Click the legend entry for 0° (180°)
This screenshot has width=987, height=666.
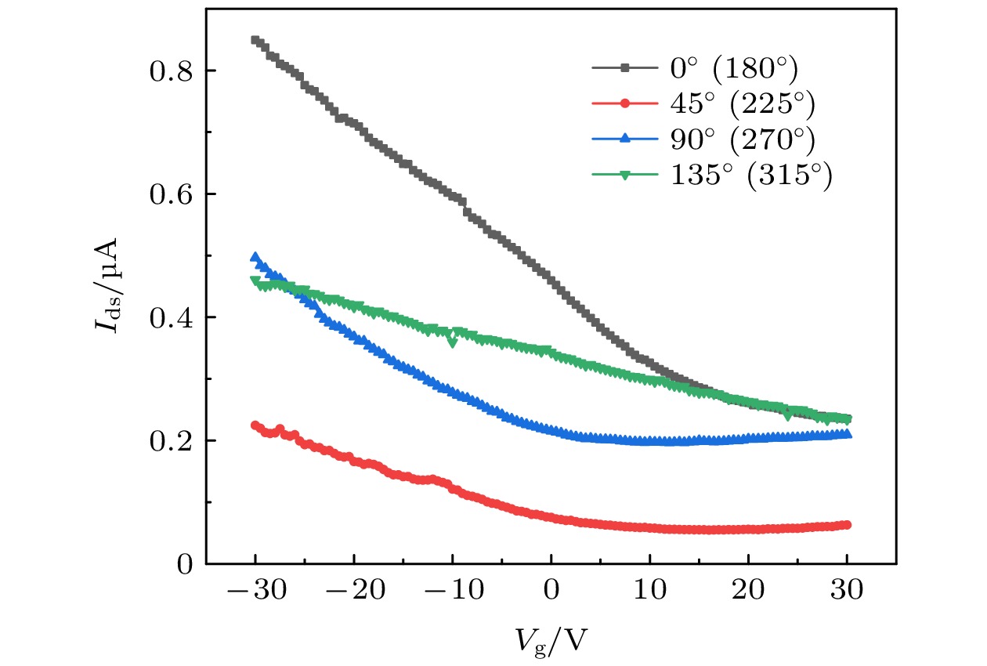coord(733,70)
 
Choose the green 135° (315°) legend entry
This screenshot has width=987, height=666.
coord(750,175)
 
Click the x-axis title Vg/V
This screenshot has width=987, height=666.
coord(551,639)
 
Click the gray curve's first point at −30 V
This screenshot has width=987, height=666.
coord(255,40)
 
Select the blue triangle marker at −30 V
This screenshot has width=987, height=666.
coord(255,257)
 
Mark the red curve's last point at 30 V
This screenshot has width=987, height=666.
coord(847,525)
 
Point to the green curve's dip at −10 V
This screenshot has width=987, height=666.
coord(452,342)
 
